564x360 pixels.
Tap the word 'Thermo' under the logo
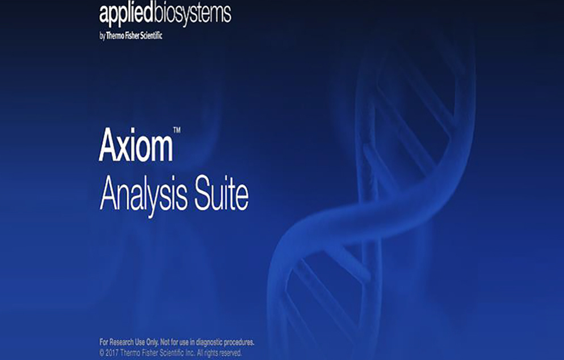[115, 36]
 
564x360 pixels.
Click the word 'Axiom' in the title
[136, 145]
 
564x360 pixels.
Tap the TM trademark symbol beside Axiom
[177, 130]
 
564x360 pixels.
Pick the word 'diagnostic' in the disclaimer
[209, 342]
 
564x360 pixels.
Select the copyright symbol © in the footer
[102, 353]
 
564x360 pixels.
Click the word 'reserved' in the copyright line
[230, 353]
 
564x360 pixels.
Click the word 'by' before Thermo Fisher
[102, 36]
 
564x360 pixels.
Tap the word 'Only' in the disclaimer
[152, 342]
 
